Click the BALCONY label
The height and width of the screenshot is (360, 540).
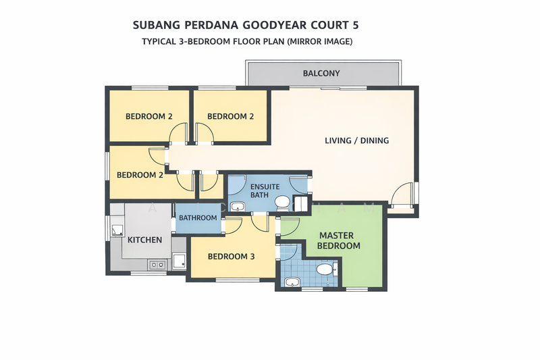click(321, 73)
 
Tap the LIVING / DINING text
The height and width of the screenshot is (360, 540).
click(356, 140)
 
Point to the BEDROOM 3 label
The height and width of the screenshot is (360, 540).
click(232, 257)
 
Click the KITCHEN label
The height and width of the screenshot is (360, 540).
click(145, 240)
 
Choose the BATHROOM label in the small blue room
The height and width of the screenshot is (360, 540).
click(198, 218)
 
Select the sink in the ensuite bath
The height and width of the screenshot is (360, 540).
click(238, 207)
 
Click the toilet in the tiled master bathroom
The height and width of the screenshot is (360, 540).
click(325, 269)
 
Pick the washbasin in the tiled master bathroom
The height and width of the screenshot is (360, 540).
click(292, 282)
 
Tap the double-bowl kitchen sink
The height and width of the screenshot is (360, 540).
click(157, 265)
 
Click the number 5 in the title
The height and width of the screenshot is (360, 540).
click(355, 25)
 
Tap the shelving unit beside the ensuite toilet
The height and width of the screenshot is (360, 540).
click(300, 203)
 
